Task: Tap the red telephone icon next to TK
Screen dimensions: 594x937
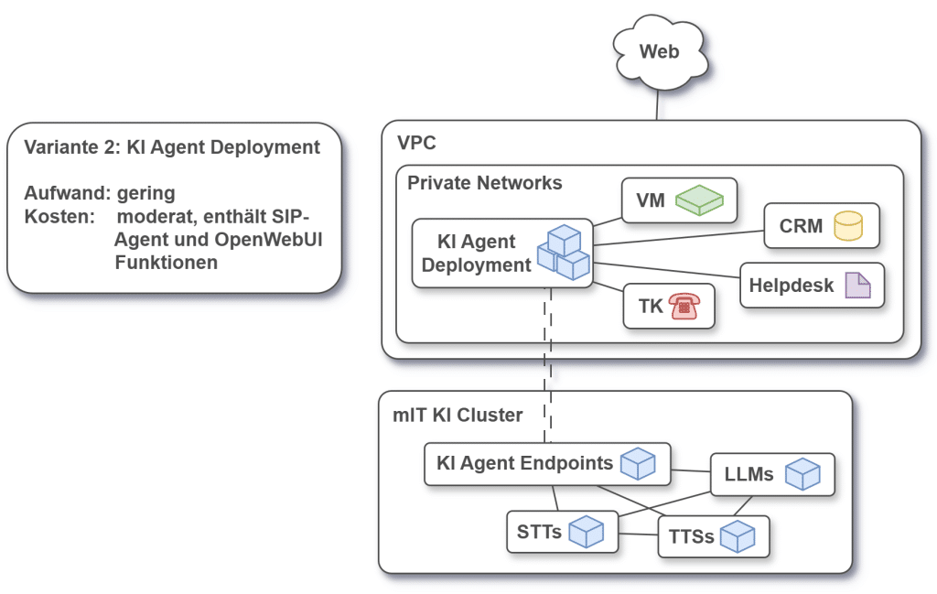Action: [682, 307]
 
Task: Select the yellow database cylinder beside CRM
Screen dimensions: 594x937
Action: [847, 226]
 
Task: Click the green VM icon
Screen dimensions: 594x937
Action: [699, 200]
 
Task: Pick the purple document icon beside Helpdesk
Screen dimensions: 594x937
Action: [857, 286]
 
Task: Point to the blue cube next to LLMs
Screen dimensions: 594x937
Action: [802, 474]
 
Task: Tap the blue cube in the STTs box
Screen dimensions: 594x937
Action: [587, 532]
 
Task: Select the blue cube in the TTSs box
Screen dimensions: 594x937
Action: [737, 536]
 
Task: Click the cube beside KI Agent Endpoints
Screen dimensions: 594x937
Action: [638, 464]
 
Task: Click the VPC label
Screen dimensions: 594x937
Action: [416, 144]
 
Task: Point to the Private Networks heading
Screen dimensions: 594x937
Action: [484, 183]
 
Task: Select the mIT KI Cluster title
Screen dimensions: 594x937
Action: [458, 415]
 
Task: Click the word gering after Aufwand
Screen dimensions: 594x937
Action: [145, 193]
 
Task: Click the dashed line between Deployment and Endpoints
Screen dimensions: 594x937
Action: [548, 366]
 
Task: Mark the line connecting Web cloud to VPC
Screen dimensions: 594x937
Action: [657, 105]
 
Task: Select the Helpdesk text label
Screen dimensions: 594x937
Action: [792, 285]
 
